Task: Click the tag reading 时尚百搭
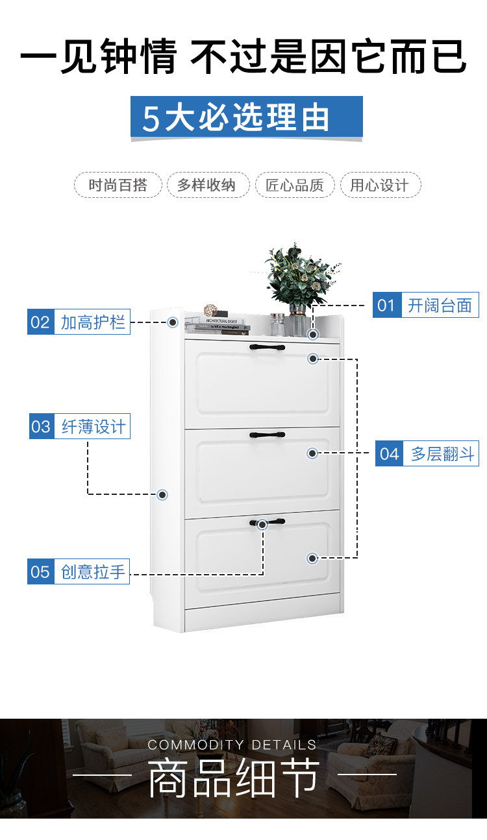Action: tap(118, 186)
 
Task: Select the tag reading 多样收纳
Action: tap(206, 186)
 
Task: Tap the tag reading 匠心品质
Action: tap(295, 186)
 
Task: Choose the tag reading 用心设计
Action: tap(380, 186)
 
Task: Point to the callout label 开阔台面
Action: tap(440, 305)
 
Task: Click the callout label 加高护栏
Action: tap(92, 322)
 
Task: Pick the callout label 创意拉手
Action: tap(92, 572)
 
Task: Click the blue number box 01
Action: tap(386, 305)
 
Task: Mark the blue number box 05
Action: tap(40, 572)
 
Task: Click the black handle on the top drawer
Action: tap(268, 348)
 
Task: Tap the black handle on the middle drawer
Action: tap(268, 435)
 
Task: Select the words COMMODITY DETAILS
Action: tap(232, 745)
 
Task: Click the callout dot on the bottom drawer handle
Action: tap(262, 524)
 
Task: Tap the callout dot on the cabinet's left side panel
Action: tap(162, 494)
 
